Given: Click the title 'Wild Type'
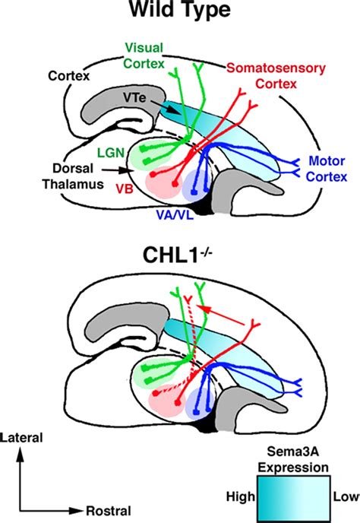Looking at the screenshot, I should [x=180, y=14].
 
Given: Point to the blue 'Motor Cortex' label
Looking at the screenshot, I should [x=324, y=169].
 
